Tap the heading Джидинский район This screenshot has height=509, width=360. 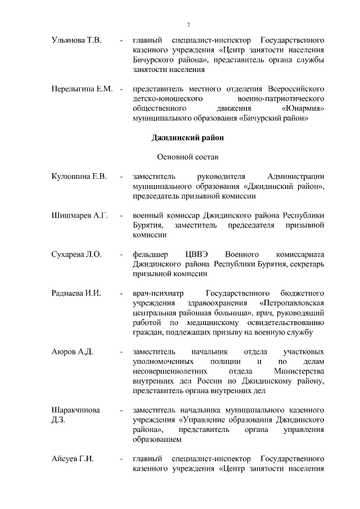188,138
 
